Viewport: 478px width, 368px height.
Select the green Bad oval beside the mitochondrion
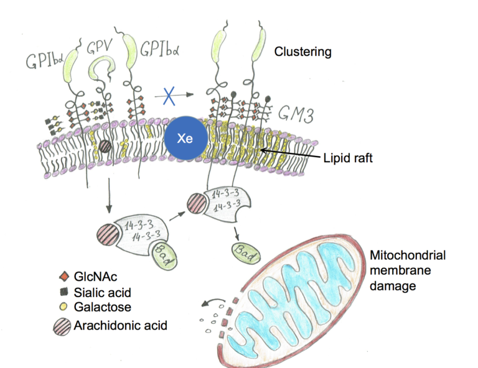pos(246,251)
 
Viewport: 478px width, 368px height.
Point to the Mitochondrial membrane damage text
pos(399,268)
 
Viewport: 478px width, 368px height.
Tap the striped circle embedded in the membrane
pos(106,147)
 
